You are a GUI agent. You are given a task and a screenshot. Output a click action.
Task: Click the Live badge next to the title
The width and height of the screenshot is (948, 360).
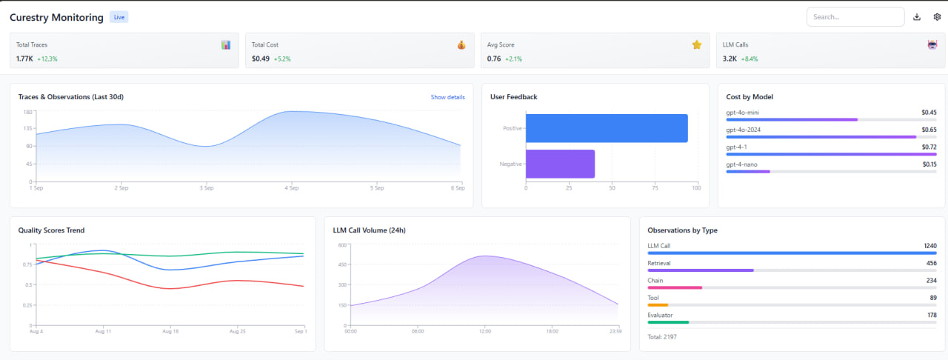118,17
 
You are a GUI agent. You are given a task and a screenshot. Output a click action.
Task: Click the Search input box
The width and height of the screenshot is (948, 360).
855,17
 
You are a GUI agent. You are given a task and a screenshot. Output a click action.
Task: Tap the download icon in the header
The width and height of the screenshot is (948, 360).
917,17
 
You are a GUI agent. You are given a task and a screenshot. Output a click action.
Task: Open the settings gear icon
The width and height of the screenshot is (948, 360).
937,17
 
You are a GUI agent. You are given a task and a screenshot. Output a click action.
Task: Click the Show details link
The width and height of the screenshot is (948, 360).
447,97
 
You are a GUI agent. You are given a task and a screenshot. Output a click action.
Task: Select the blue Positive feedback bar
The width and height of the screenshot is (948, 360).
607,128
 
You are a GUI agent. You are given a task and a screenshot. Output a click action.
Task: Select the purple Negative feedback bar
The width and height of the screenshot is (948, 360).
560,164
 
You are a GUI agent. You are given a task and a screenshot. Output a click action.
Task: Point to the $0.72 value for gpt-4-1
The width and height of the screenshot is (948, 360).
929,147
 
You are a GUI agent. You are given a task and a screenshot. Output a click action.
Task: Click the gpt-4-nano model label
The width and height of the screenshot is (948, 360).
741,164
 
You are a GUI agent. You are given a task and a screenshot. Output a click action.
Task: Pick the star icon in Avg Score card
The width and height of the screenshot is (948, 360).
696,45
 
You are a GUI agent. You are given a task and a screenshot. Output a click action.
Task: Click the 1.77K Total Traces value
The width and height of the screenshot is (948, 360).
24,59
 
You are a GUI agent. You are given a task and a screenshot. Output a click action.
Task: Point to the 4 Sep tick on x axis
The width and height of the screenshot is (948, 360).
292,188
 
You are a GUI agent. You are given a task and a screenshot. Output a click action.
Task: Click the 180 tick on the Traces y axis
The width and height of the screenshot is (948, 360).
27,112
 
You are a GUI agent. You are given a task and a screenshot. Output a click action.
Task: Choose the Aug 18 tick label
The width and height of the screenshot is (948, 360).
170,331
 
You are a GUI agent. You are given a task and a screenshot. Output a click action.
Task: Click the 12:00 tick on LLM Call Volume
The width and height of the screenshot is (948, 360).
484,331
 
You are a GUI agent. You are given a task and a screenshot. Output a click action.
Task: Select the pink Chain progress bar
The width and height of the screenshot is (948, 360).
675,287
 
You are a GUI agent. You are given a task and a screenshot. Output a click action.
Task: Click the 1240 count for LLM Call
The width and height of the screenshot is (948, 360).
929,246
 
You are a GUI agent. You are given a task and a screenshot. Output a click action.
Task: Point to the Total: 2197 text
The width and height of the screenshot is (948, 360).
662,337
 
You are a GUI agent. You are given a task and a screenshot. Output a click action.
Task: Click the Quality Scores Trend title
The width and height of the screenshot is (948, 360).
51,230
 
